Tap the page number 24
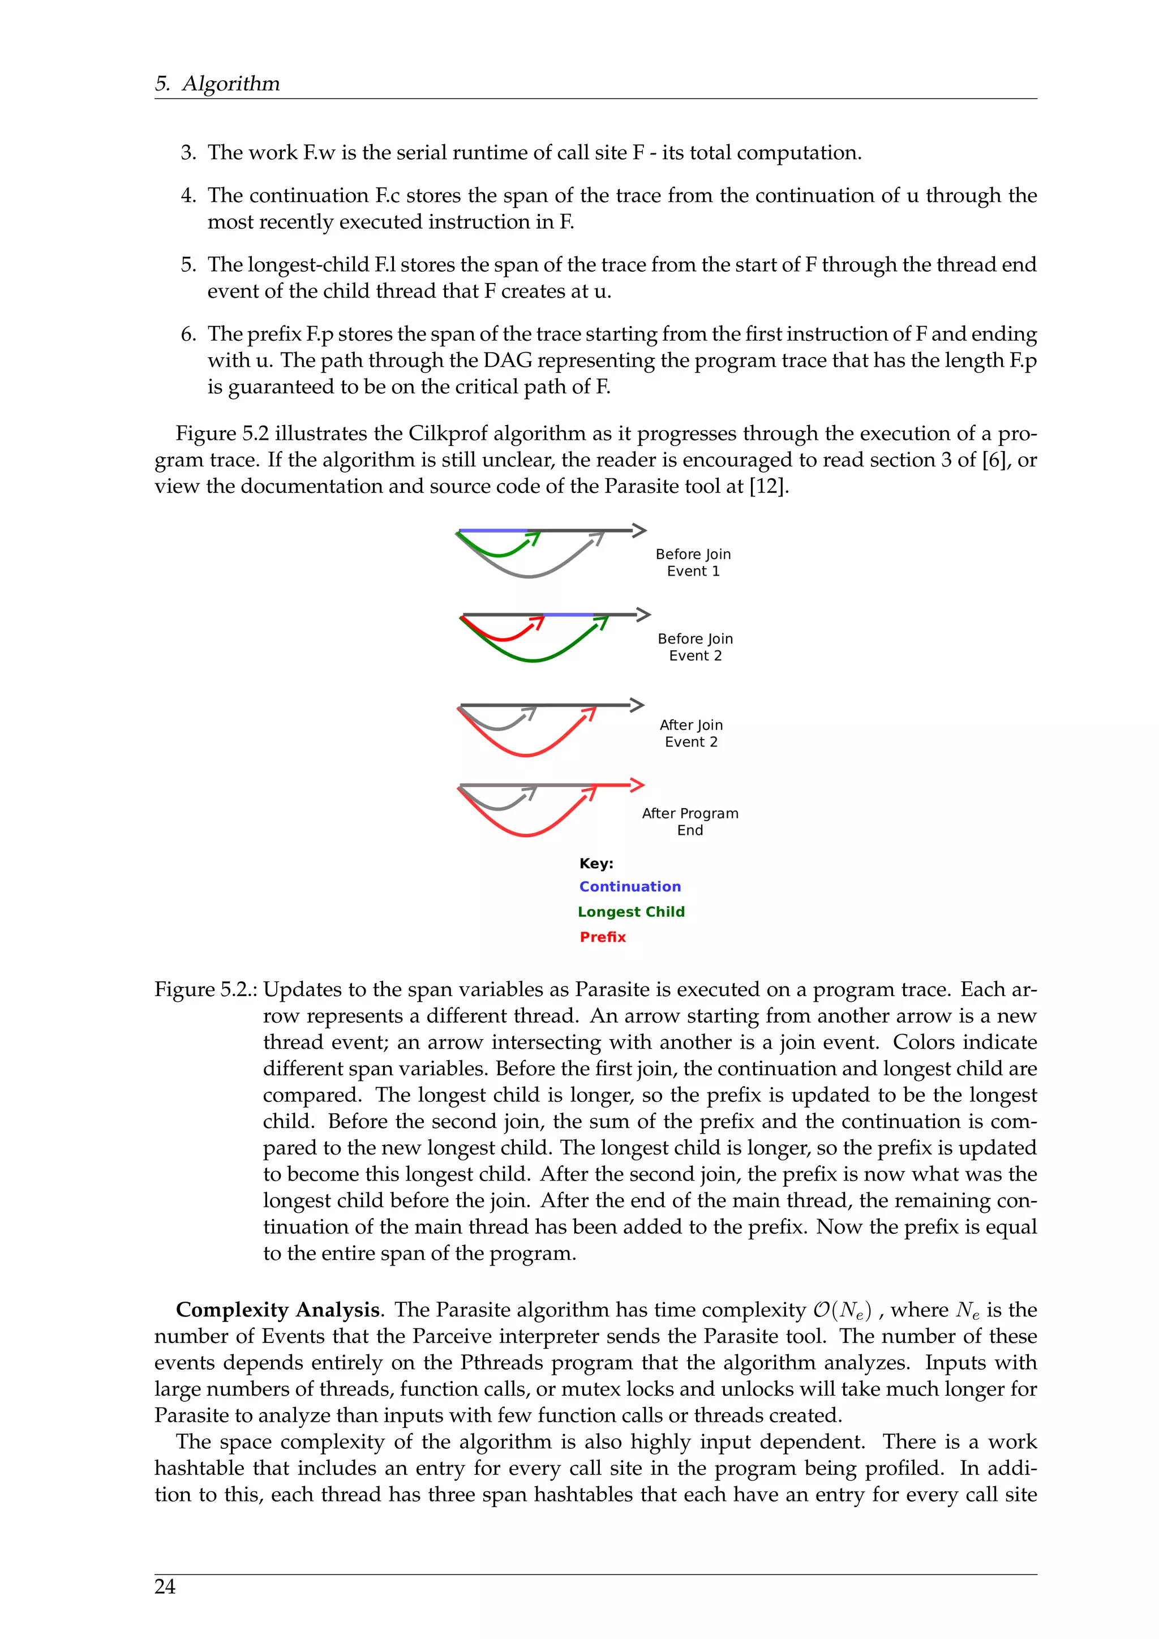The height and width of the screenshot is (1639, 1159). [x=165, y=1586]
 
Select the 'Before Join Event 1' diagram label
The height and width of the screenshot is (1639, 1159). [x=693, y=563]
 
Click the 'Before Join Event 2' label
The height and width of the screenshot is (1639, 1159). [x=695, y=647]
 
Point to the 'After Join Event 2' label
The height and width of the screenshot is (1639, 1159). [x=691, y=733]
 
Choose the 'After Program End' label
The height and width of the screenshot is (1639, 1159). [x=690, y=822]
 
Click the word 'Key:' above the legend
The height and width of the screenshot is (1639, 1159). [x=596, y=864]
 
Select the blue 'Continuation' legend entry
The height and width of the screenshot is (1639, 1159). [x=629, y=887]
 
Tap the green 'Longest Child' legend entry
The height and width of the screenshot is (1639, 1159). [x=631, y=912]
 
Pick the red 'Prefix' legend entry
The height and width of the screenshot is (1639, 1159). [x=602, y=937]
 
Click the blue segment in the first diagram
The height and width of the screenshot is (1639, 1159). [x=492, y=531]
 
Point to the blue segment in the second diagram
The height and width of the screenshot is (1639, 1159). [x=568, y=615]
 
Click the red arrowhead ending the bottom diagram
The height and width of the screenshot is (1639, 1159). [x=637, y=784]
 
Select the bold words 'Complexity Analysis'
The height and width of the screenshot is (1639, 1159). [x=278, y=1310]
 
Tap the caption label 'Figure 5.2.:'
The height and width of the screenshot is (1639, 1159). [x=205, y=989]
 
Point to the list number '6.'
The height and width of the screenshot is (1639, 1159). [x=188, y=334]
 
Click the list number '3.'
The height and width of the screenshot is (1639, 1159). [x=188, y=153]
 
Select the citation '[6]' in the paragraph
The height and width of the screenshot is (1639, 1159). [x=995, y=460]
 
